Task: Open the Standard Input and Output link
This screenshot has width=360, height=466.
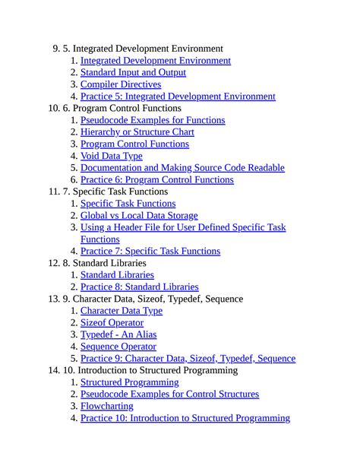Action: [x=133, y=73]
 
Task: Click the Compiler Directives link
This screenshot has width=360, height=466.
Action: [x=121, y=84]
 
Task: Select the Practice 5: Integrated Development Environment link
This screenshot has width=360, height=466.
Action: [x=178, y=97]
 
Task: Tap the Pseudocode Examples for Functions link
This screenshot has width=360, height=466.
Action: [x=153, y=120]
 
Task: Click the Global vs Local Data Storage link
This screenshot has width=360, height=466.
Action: [x=139, y=216]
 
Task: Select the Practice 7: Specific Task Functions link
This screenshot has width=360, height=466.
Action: [x=150, y=251]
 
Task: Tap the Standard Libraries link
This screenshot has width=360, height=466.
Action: [x=117, y=275]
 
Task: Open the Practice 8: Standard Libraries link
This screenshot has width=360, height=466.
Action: [x=139, y=287]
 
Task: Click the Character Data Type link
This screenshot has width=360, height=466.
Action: [x=122, y=311]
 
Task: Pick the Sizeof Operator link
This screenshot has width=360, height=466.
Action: [x=112, y=323]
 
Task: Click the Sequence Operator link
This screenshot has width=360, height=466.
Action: [x=118, y=347]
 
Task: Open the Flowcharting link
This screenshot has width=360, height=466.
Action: [x=106, y=406]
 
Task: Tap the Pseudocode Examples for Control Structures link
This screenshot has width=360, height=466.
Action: [x=169, y=394]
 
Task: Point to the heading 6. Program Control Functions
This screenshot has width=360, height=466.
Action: [x=122, y=109]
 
